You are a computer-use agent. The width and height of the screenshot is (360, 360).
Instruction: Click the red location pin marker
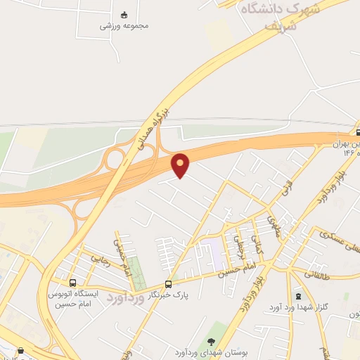(x=181, y=165)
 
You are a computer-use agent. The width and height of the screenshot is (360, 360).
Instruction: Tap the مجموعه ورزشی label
(x=124, y=26)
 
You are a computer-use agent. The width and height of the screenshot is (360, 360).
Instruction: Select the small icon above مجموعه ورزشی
(x=124, y=14)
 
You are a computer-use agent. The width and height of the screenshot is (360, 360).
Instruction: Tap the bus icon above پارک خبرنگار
(x=168, y=284)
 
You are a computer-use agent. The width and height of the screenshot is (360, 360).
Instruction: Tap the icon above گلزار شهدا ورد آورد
(x=298, y=295)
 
